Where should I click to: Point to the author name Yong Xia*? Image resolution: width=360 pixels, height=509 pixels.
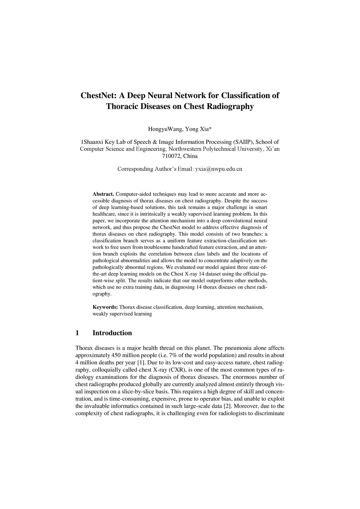coord(198,129)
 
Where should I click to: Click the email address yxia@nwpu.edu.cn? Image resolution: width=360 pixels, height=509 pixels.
coord(218,169)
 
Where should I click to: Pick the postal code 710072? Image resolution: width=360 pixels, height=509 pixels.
coord(172,156)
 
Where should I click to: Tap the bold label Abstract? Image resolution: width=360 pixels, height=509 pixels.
coord(103,194)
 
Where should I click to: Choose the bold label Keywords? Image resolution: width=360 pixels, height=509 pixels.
coord(105,307)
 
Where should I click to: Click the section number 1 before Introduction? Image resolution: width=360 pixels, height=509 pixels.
coord(77,333)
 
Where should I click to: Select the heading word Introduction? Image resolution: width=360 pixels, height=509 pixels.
coord(112,333)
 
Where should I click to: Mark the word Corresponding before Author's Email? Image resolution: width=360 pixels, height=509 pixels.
coord(135,169)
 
